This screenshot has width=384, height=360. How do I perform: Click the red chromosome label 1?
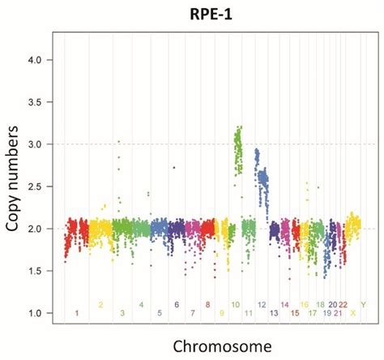[77, 313]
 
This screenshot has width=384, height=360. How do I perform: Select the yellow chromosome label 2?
[100, 305]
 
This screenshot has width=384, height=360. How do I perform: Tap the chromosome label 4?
[141, 305]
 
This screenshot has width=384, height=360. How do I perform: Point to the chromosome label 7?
[192, 313]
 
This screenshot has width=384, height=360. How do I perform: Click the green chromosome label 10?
[235, 305]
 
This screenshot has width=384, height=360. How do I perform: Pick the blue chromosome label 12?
[262, 305]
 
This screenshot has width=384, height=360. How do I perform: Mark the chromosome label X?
[352, 313]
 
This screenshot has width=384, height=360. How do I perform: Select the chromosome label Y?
[363, 305]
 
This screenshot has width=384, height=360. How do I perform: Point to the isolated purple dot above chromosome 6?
[173, 168]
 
